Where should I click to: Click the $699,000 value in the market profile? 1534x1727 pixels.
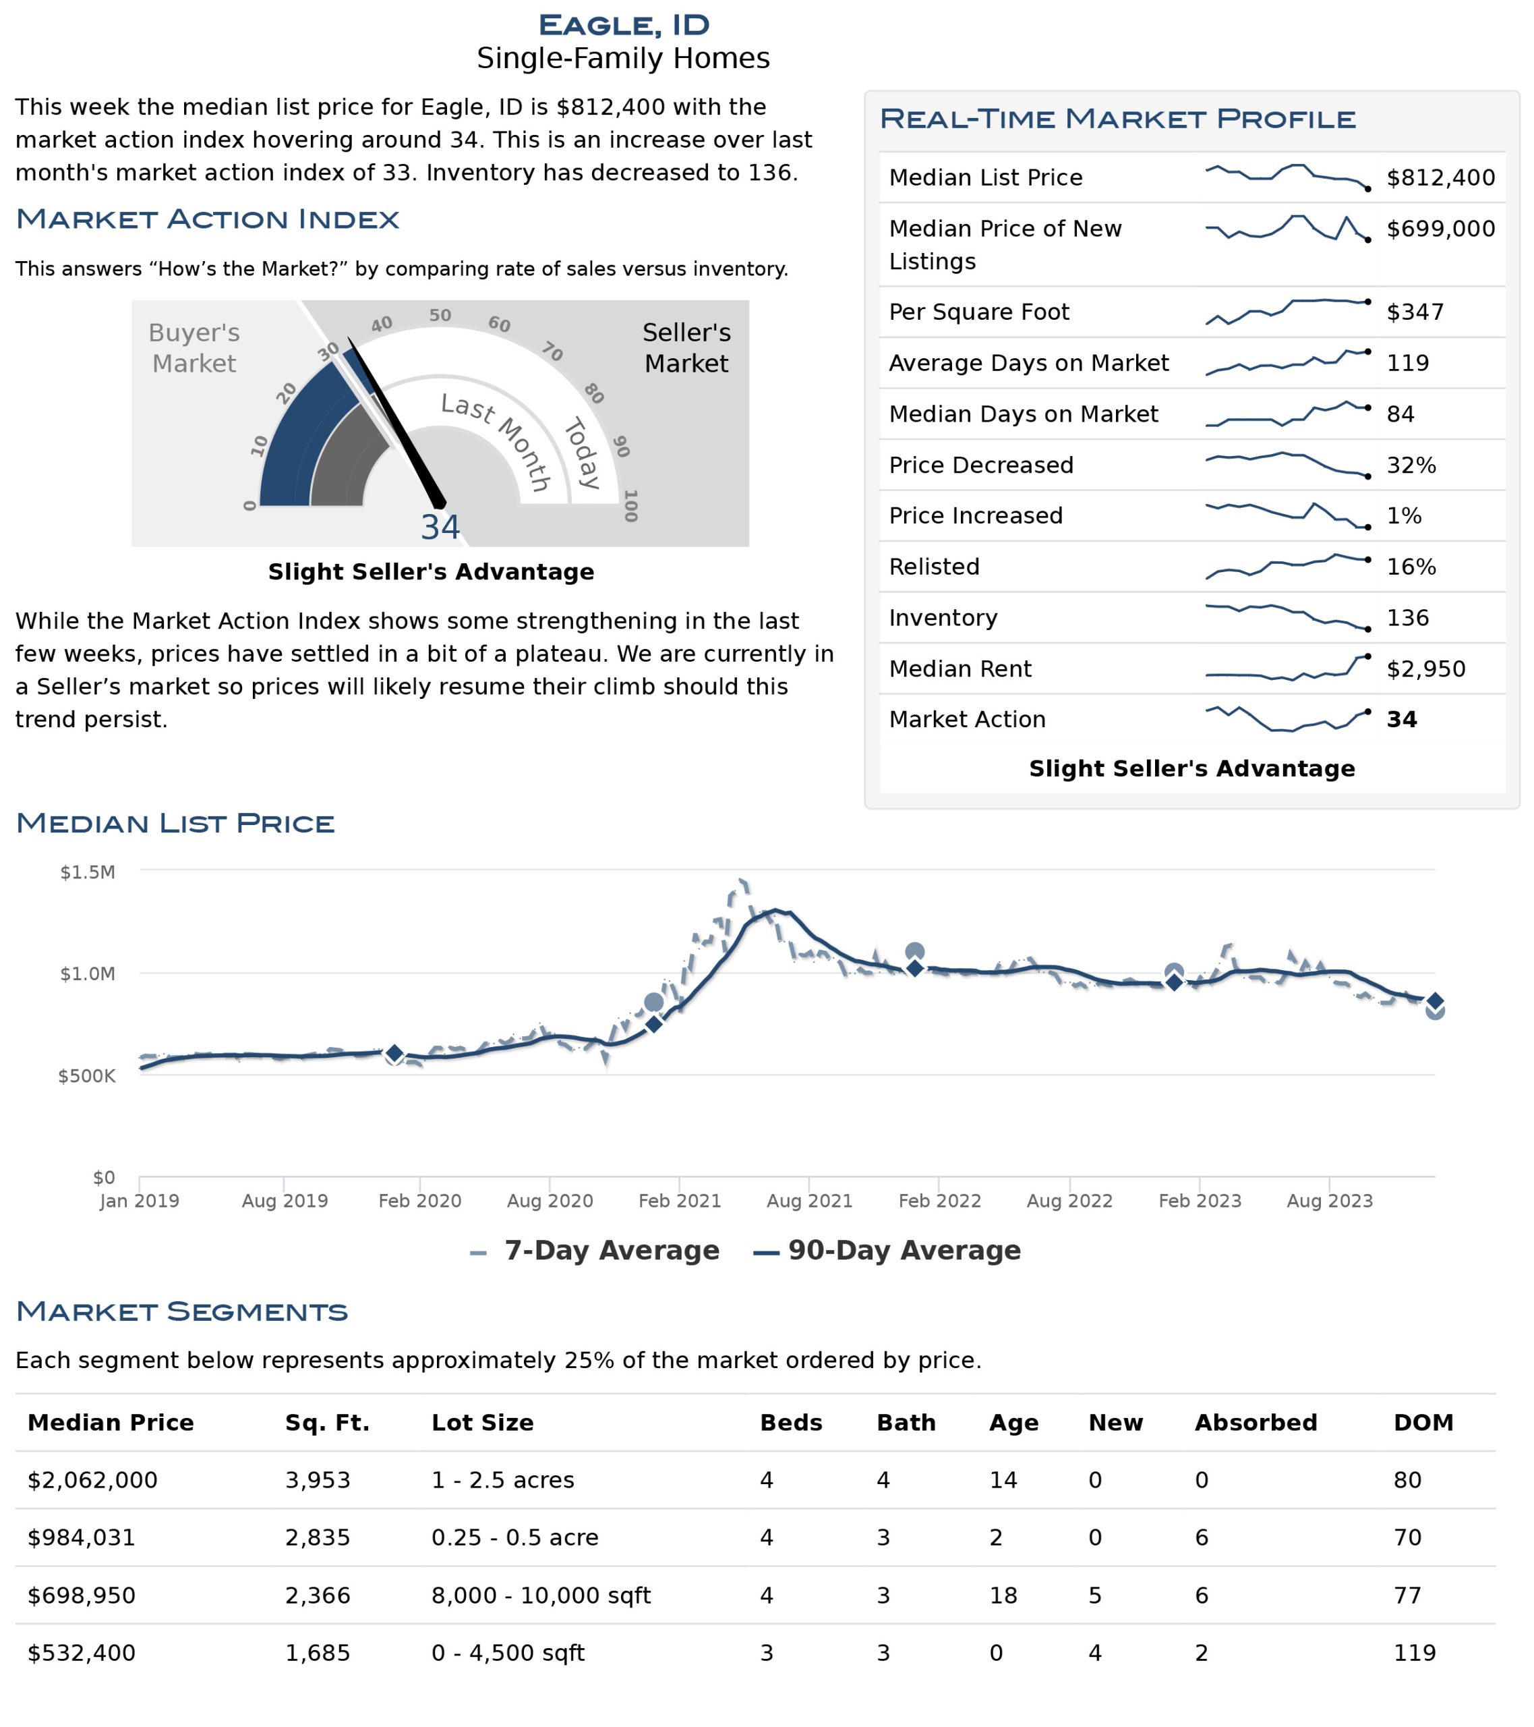click(1440, 229)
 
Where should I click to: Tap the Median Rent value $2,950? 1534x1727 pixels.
click(1426, 669)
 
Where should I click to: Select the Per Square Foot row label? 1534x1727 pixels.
click(978, 312)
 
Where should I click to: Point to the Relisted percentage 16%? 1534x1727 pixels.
click(1411, 567)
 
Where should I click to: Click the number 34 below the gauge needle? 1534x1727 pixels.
click(440, 528)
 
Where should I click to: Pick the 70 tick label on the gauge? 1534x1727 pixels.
click(552, 351)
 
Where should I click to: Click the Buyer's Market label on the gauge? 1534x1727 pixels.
click(194, 348)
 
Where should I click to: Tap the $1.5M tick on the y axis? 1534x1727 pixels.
click(88, 873)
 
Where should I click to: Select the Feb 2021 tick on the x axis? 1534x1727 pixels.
click(679, 1201)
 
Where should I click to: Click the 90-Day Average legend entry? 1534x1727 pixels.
click(887, 1251)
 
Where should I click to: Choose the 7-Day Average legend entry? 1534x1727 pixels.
click(595, 1251)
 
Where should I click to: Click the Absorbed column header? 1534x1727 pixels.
click(1256, 1423)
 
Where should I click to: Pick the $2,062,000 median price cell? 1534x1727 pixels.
click(92, 1480)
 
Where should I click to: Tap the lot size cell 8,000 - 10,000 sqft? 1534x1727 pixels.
click(541, 1596)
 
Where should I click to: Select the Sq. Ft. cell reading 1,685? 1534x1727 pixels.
click(318, 1653)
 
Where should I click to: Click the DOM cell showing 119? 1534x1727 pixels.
click(1415, 1653)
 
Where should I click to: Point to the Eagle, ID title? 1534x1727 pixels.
click(624, 26)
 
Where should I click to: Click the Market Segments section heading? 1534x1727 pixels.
click(181, 1312)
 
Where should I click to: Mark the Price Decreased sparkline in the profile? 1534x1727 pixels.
click(1287, 465)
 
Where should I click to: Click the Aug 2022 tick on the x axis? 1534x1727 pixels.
click(1069, 1201)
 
